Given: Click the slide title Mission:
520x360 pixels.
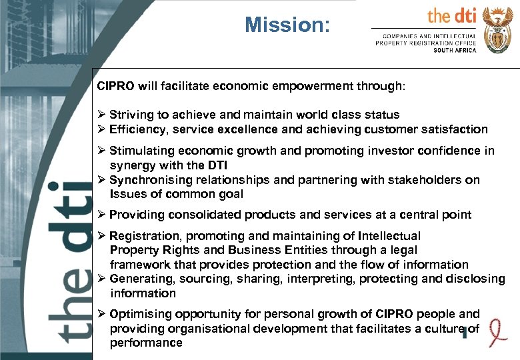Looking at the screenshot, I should pyautogui.click(x=287, y=25).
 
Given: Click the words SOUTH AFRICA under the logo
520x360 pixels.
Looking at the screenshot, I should pyautogui.click(x=455, y=50).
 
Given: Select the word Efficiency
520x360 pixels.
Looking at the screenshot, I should pyautogui.click(x=137, y=129).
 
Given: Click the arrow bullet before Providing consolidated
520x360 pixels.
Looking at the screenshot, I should pyautogui.click(x=101, y=215).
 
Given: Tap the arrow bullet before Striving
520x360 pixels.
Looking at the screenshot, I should pyautogui.click(x=101, y=115).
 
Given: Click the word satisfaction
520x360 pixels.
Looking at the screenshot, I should pyautogui.click(x=457, y=129).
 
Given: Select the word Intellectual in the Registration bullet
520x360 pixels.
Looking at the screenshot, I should pyautogui.click(x=389, y=235).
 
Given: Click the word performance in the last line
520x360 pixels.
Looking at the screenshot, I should pyautogui.click(x=146, y=343).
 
